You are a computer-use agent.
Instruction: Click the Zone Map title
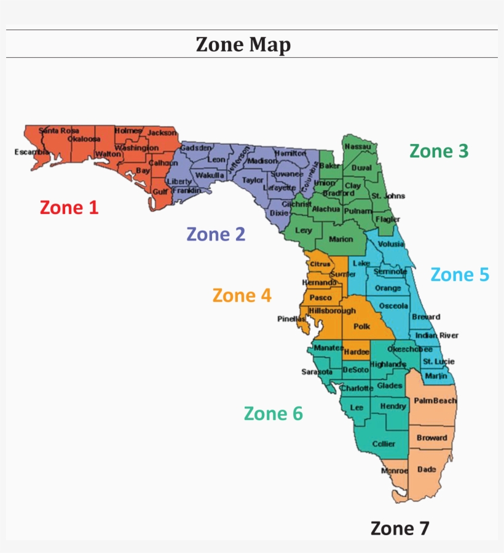[x=243, y=44]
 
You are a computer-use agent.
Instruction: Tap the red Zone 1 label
[x=69, y=207]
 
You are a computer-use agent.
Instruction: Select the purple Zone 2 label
[x=216, y=234]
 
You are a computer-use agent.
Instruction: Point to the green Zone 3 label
[x=439, y=151]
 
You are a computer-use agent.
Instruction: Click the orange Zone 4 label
[x=242, y=295]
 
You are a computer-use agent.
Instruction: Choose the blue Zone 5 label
[x=460, y=274]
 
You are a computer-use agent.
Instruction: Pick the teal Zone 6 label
[x=274, y=413]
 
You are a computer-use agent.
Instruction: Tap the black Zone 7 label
[x=400, y=528]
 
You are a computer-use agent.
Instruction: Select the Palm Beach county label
[x=435, y=400]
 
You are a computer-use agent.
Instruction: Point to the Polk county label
[x=361, y=327]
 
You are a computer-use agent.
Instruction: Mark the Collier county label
[x=384, y=444]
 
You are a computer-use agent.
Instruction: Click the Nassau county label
[x=357, y=146]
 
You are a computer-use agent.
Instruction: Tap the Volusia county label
[x=392, y=244]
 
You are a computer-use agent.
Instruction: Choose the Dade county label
[x=427, y=469]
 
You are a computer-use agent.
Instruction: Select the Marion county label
[x=341, y=239]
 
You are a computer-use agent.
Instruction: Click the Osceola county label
[x=393, y=306]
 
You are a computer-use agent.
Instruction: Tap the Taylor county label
[x=253, y=180]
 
